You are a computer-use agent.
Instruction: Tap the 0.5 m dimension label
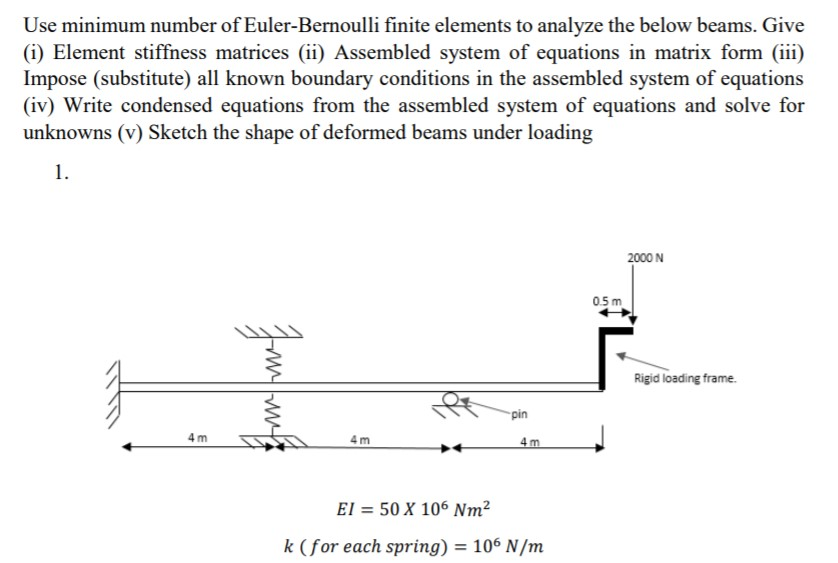(606, 301)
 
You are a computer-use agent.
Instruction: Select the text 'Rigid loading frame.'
(686, 379)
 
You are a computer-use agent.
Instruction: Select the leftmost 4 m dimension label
(196, 437)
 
